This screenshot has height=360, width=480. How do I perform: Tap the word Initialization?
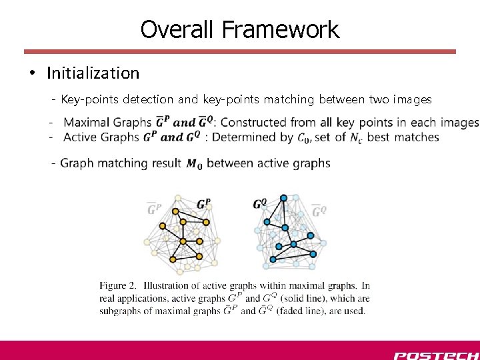point(93,73)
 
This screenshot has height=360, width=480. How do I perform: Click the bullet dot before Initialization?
point(33,73)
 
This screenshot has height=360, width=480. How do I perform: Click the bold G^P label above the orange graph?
point(204,203)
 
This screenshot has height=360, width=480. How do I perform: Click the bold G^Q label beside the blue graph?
point(259,204)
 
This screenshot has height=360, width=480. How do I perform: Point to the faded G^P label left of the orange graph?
point(154,209)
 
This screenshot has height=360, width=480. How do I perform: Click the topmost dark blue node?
point(283,198)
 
